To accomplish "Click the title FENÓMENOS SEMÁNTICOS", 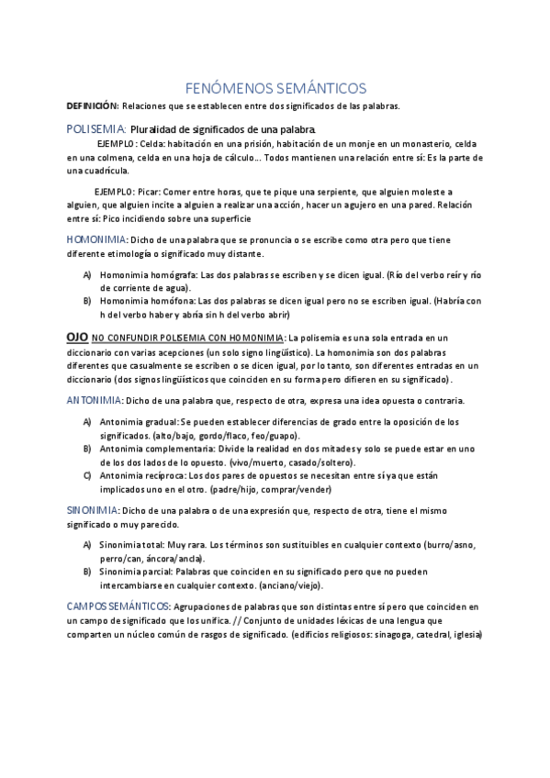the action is coord(275,88).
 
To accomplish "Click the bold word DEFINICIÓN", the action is coord(92,106).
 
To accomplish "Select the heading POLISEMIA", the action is coord(95,128).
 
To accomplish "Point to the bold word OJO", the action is coord(76,338).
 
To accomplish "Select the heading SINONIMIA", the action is coord(92,509).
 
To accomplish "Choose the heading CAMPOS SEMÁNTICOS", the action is coord(118,606).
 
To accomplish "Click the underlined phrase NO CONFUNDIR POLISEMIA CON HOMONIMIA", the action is coord(188,339).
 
